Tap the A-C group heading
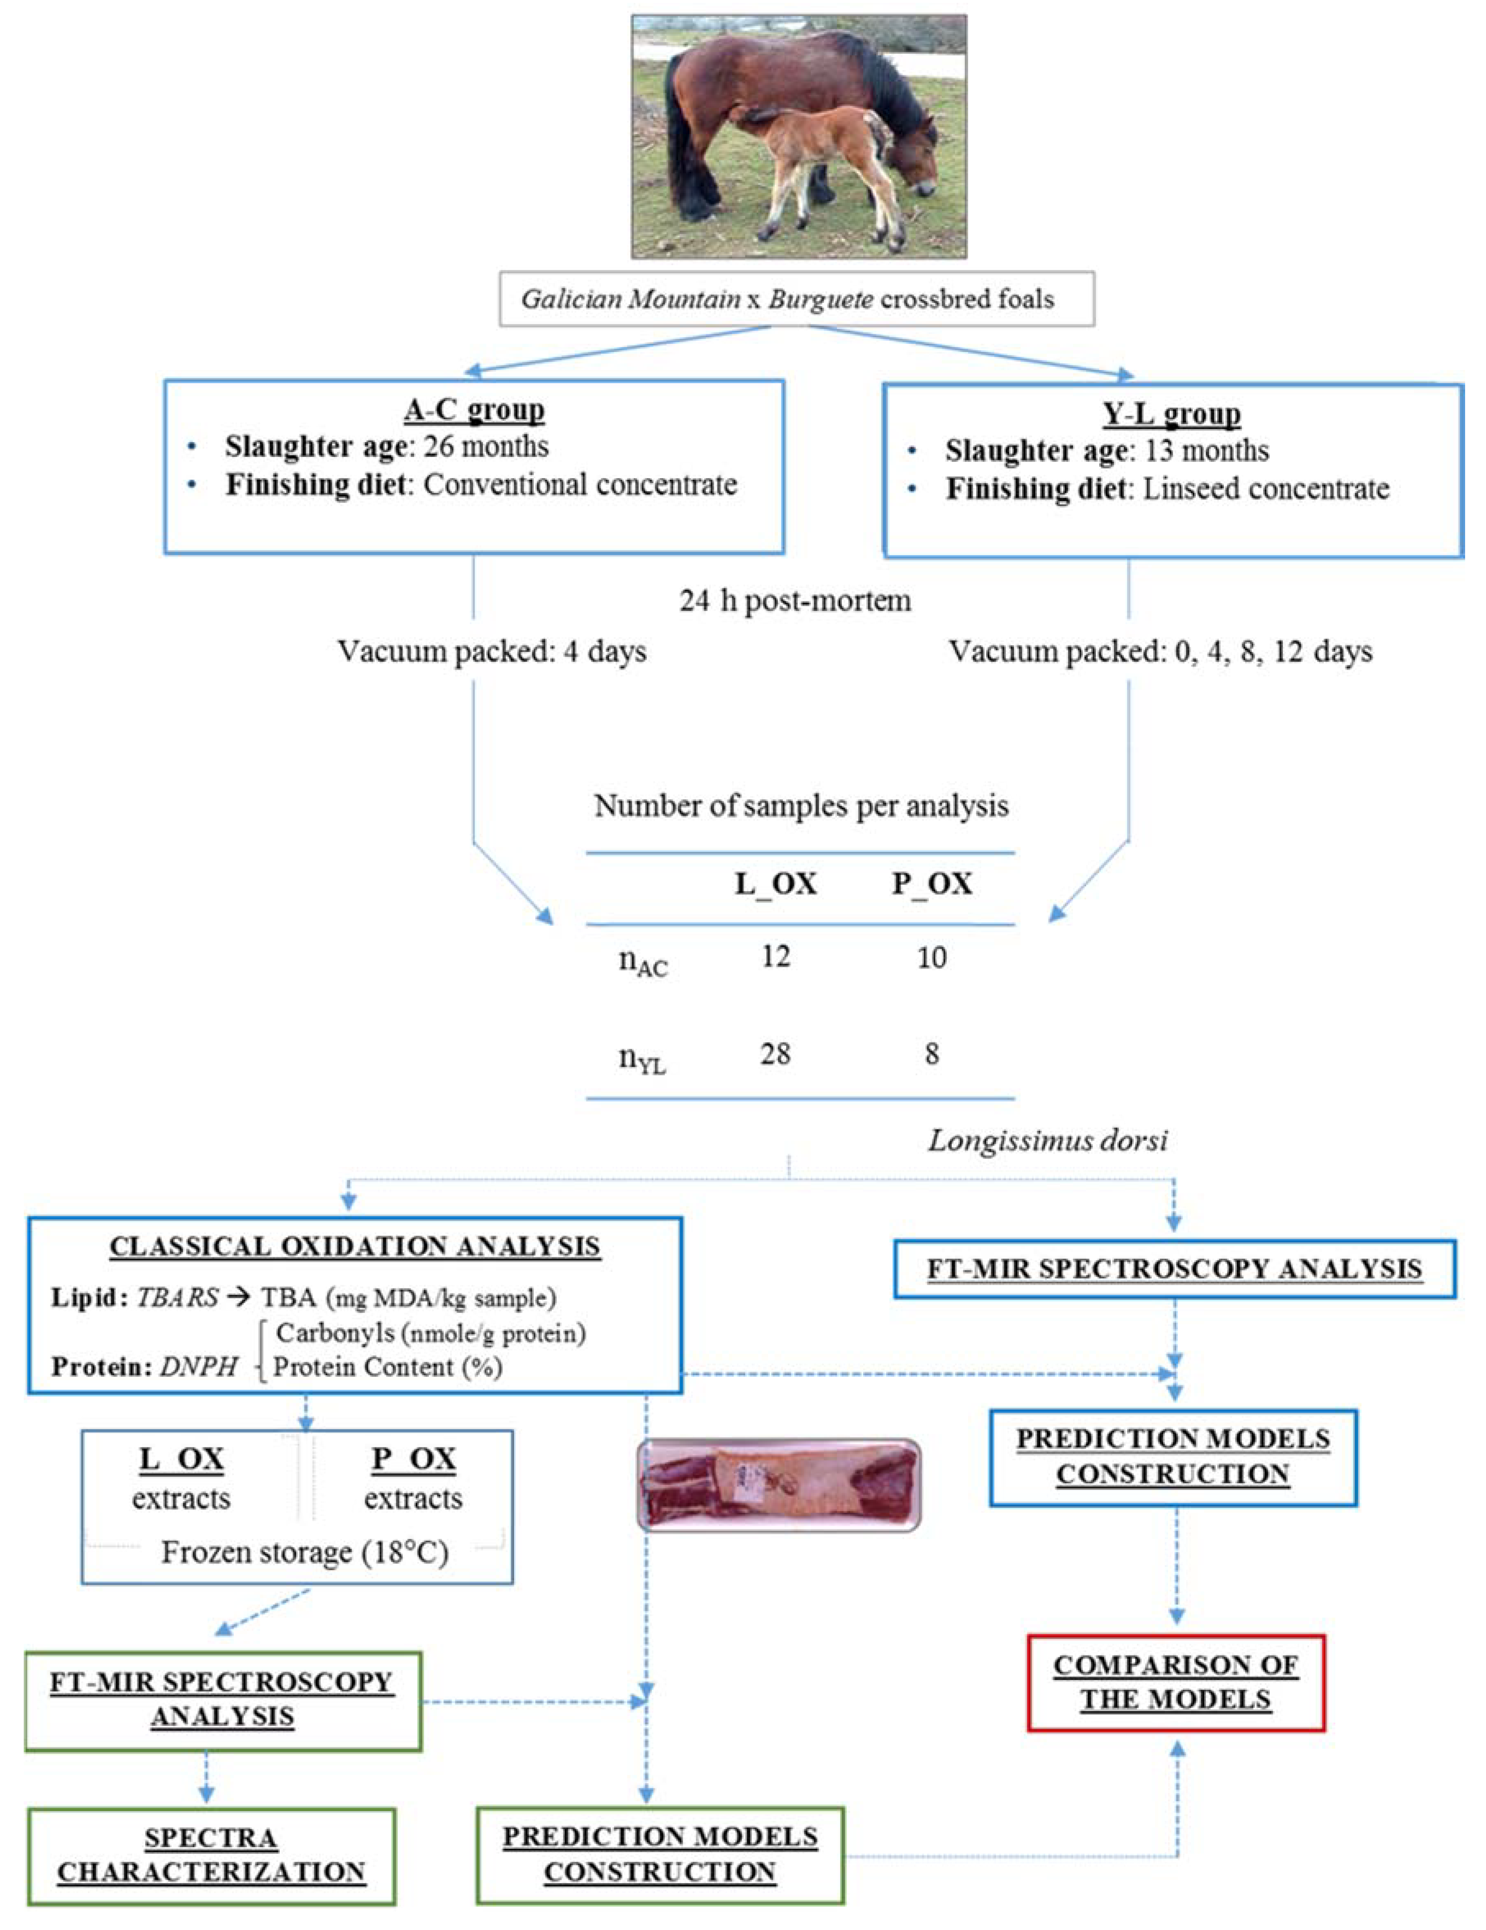tap(474, 410)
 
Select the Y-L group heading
tap(1171, 414)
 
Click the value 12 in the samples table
tap(775, 956)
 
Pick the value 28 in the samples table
tap(775, 1053)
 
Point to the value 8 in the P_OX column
tap(932, 1053)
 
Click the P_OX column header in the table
tap(932, 884)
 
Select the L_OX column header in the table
tap(775, 884)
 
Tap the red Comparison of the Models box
tap(1176, 1683)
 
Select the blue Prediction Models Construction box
tap(1173, 1456)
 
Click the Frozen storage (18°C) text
tap(304, 1553)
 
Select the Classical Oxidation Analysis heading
tap(354, 1246)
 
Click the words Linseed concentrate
tap(1266, 489)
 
